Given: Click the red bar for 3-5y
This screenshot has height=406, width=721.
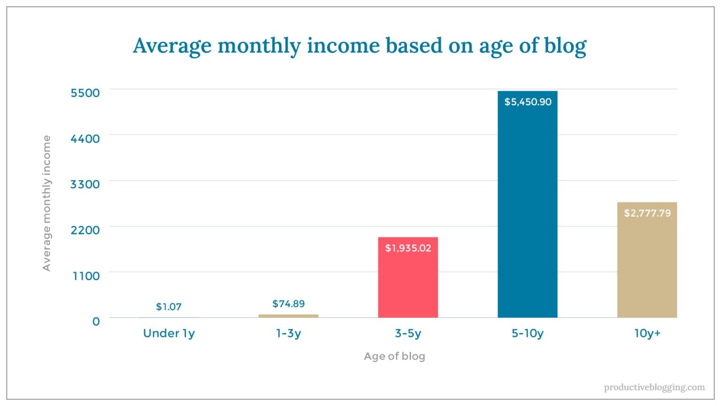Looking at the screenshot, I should click(x=407, y=282).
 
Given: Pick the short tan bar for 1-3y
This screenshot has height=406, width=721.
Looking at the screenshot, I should click(x=288, y=316).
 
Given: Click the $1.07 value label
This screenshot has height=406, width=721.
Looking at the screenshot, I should click(x=169, y=307).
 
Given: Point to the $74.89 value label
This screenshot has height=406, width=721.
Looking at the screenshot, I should click(x=288, y=304).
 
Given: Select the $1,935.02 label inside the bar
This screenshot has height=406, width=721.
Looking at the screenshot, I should click(x=408, y=248).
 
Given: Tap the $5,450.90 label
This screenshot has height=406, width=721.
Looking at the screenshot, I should click(x=528, y=102).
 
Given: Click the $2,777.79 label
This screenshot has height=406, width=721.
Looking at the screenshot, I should click(x=647, y=213).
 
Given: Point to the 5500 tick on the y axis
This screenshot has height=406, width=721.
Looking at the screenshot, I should click(x=85, y=93).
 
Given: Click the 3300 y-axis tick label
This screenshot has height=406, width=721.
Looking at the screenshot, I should click(x=85, y=184).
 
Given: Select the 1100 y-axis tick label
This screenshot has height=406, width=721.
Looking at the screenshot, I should click(x=86, y=276).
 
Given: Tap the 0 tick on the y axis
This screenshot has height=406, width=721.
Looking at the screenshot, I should click(x=96, y=321).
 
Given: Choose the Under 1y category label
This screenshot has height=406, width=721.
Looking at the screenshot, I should click(x=169, y=333).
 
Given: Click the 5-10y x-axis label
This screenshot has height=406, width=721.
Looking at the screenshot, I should click(x=527, y=333).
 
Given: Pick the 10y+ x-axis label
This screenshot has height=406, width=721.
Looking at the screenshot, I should click(x=647, y=333).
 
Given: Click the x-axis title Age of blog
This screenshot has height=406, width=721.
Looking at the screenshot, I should click(x=394, y=356).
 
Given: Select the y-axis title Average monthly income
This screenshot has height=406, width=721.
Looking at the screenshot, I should click(x=46, y=203).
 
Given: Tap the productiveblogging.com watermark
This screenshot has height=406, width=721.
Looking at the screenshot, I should click(x=654, y=387).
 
